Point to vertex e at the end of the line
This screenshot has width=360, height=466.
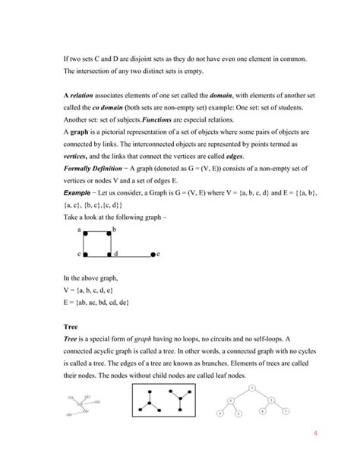153,253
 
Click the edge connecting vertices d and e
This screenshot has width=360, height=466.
131,253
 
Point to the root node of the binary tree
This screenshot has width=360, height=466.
251,388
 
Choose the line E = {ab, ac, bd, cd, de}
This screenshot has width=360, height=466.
96,302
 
